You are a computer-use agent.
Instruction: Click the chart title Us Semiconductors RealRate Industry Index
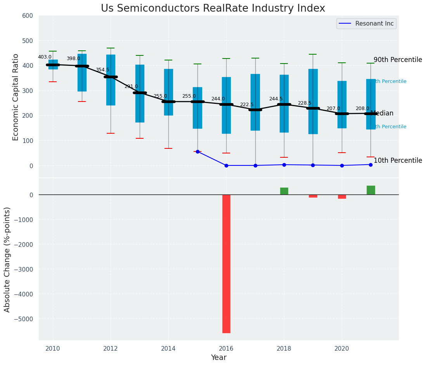213,9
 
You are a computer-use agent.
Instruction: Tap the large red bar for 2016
226,263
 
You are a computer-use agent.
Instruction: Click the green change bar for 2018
284,191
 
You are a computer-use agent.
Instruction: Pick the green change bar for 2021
371,190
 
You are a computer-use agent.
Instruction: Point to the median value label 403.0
45,57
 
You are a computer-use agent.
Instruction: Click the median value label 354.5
102,70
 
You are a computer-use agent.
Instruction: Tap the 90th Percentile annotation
398,60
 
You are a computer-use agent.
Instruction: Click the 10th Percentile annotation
398,160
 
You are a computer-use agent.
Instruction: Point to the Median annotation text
382,114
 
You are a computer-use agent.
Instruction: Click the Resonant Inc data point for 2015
197,152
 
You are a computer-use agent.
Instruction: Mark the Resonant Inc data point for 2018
284,165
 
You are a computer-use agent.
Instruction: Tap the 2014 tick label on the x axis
168,348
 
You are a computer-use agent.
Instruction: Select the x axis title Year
218,358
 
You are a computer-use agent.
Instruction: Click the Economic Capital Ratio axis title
16,97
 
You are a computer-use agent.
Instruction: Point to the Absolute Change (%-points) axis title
7,259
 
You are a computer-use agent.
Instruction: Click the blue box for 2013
140,93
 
